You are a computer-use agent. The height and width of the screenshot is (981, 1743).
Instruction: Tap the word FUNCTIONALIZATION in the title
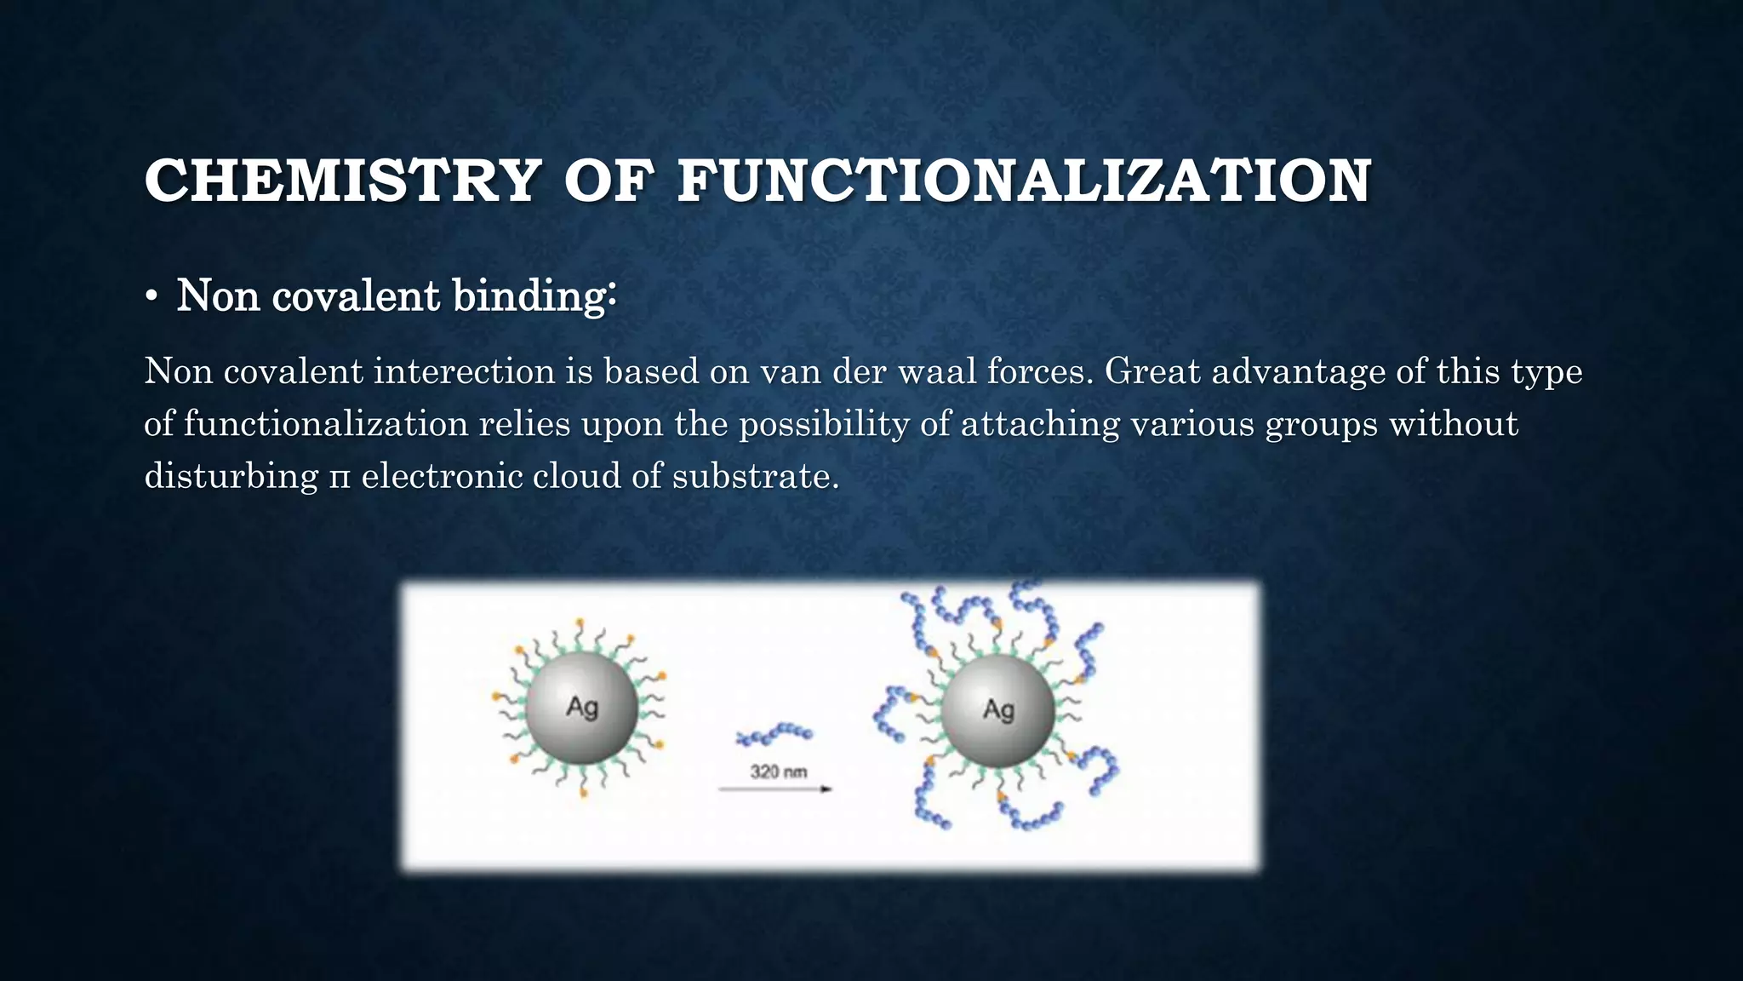[x=1024, y=181]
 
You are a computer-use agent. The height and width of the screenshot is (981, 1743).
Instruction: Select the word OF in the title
[x=609, y=181]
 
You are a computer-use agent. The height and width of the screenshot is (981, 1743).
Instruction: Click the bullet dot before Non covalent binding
[x=151, y=297]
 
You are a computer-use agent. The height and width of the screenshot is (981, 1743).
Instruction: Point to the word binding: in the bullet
[x=534, y=296]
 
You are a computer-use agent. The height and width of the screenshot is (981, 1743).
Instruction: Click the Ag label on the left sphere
[x=582, y=707]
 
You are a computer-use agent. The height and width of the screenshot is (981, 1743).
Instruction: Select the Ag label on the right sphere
[x=998, y=708]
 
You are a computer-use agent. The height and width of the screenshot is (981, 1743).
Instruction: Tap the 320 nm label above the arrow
[x=778, y=772]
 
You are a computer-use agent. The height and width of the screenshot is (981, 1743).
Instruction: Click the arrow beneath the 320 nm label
[x=774, y=789]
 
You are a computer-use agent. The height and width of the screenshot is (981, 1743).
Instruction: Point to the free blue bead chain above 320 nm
[x=774, y=734]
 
